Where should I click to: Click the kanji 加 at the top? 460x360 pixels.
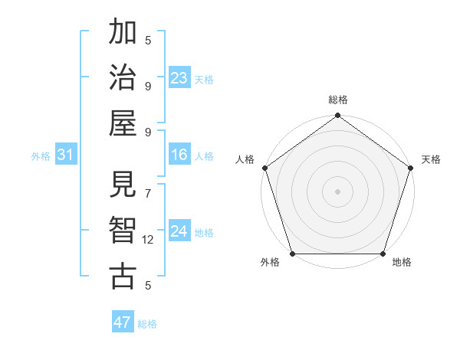(123, 33)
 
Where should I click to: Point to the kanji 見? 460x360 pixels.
(123, 185)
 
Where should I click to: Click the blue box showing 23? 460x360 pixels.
(179, 78)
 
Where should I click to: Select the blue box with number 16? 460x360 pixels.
(179, 155)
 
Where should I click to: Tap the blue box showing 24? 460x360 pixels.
(179, 231)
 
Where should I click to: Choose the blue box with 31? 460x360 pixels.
(66, 155)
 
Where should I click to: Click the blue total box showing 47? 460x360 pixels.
(123, 322)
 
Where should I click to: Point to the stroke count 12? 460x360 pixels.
(148, 240)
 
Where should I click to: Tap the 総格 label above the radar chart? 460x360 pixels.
(337, 100)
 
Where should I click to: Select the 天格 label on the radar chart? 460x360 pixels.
(431, 159)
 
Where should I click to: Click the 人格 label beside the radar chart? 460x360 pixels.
(246, 159)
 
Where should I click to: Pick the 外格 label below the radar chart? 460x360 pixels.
(270, 263)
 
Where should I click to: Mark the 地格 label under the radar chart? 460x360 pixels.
(402, 263)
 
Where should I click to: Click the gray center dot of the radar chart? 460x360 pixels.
(337, 191)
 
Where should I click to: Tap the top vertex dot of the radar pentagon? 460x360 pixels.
(337, 116)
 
